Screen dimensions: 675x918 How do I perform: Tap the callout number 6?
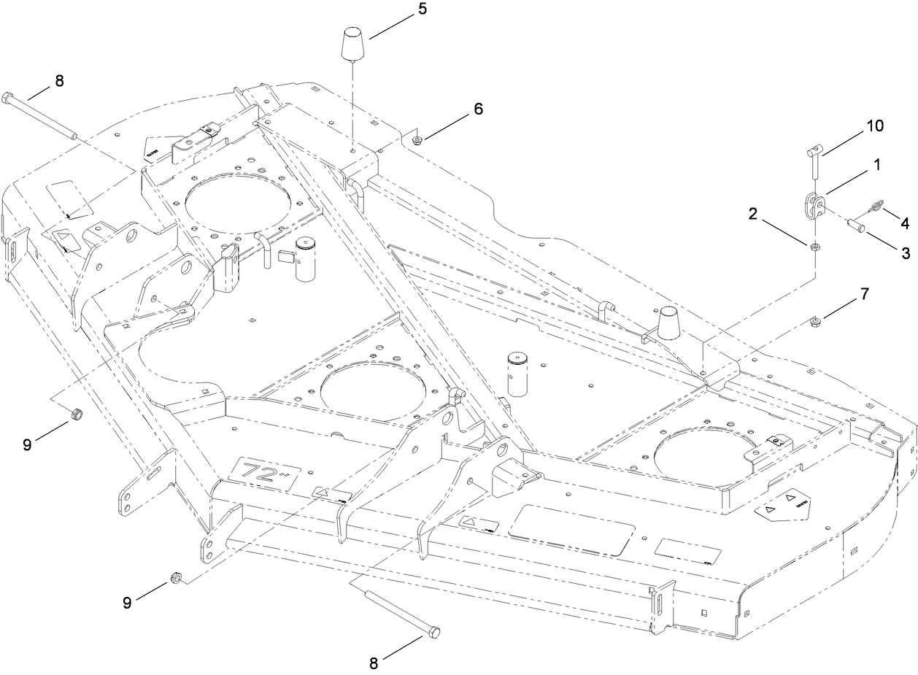(x=478, y=109)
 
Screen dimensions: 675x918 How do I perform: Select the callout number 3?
(x=905, y=253)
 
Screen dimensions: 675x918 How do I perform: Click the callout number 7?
(x=865, y=294)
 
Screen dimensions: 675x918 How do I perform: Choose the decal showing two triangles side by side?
(x=780, y=506)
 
